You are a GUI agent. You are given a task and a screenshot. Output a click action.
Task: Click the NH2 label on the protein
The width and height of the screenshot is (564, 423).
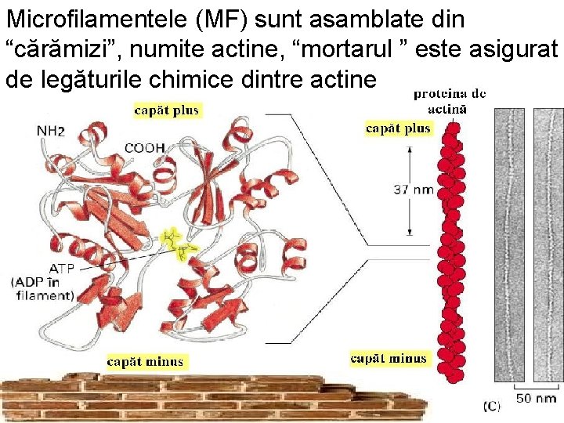tap(51, 131)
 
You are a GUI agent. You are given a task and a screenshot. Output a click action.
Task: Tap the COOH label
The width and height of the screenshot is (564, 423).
tap(144, 147)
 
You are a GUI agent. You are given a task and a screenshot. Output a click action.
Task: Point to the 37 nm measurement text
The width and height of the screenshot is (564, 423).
tap(412, 189)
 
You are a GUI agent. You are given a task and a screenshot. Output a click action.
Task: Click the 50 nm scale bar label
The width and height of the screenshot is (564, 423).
tap(535, 399)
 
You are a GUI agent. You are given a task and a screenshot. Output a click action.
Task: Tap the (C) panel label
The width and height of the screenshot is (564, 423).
tap(491, 406)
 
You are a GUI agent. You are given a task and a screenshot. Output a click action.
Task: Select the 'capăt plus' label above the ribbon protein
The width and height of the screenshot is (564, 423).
tap(167, 110)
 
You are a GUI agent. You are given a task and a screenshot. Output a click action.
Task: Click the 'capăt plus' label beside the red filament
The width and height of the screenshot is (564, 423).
tap(398, 128)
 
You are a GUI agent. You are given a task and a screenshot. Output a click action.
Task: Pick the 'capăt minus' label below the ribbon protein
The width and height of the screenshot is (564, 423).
tap(145, 361)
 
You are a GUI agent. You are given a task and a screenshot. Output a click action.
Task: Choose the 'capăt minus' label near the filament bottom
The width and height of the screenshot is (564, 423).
tap(389, 359)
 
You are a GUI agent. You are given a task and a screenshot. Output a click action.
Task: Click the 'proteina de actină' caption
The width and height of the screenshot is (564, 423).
tap(450, 102)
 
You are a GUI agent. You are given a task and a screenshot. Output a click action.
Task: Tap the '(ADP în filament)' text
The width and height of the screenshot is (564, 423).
tap(43, 288)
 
